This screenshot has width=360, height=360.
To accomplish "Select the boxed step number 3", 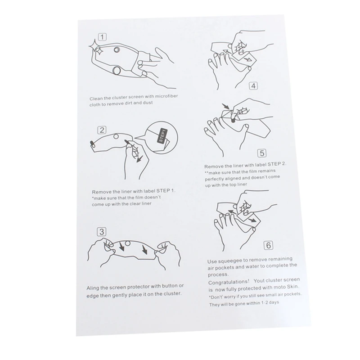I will pyautogui.click(x=102, y=233).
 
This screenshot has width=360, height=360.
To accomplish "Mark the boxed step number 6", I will pyautogui.click(x=268, y=246).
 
